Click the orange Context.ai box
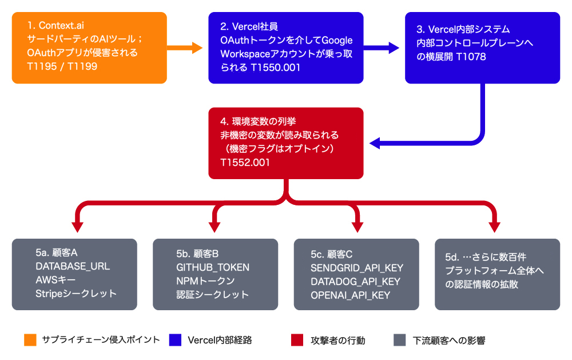[89, 48]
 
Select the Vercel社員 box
[286, 48]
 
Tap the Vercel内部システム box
[482, 48]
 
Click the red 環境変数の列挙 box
[286, 143]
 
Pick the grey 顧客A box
[74, 274]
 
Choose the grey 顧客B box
[215, 274]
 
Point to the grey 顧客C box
[356, 274]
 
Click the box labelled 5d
[497, 274]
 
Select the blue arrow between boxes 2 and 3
[383, 48]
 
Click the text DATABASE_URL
[73, 267]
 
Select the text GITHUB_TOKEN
[213, 267]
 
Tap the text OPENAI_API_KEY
[350, 295]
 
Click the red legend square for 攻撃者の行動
[297, 340]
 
